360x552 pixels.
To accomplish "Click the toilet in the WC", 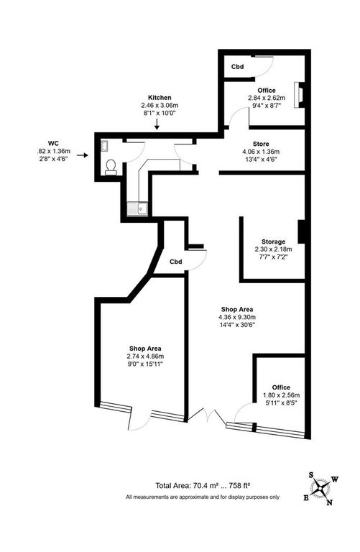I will [111, 167].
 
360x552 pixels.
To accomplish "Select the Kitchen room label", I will [158, 97].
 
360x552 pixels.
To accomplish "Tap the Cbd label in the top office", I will [237, 68].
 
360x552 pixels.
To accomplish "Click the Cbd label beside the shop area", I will [176, 261].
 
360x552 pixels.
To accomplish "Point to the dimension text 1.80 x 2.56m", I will [280, 395].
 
